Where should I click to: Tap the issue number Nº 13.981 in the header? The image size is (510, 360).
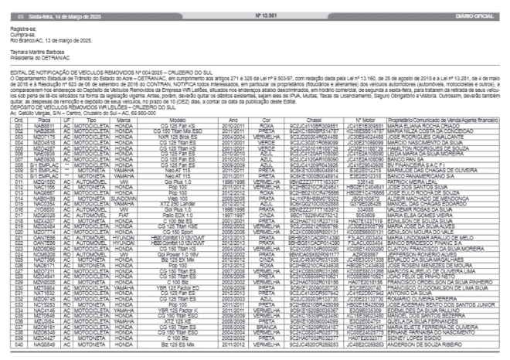[x=267, y=15]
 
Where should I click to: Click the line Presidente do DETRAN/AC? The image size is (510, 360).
[x=36, y=50]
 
